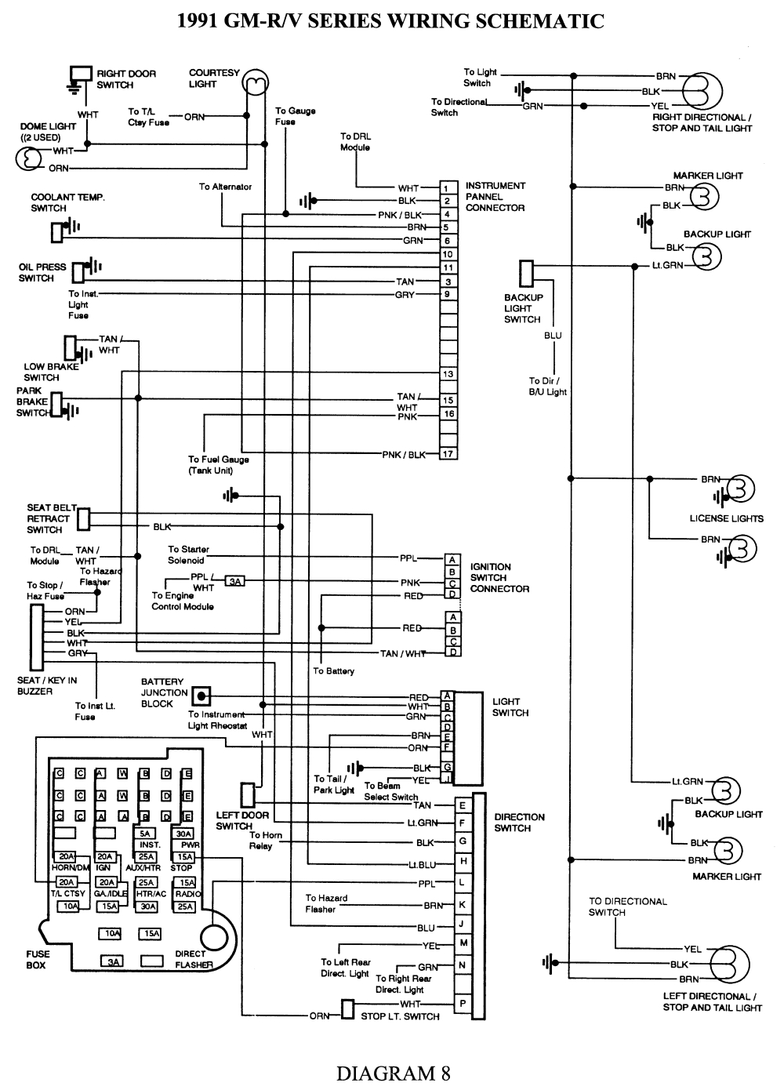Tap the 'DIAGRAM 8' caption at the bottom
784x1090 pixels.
393,1072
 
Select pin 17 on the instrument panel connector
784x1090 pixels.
448,454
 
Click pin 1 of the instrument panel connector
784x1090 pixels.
448,188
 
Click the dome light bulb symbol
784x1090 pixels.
28,159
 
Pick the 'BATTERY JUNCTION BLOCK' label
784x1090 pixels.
163,692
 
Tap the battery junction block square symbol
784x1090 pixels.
201,695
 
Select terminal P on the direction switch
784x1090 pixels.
463,1003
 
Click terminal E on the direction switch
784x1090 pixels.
463,805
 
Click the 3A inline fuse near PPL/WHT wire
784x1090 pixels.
234,581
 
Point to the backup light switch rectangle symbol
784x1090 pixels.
526,274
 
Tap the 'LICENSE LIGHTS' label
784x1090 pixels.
726,518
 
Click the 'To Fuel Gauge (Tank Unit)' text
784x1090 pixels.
218,465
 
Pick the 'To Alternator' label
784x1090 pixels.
225,187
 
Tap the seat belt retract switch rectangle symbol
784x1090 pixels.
84,519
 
